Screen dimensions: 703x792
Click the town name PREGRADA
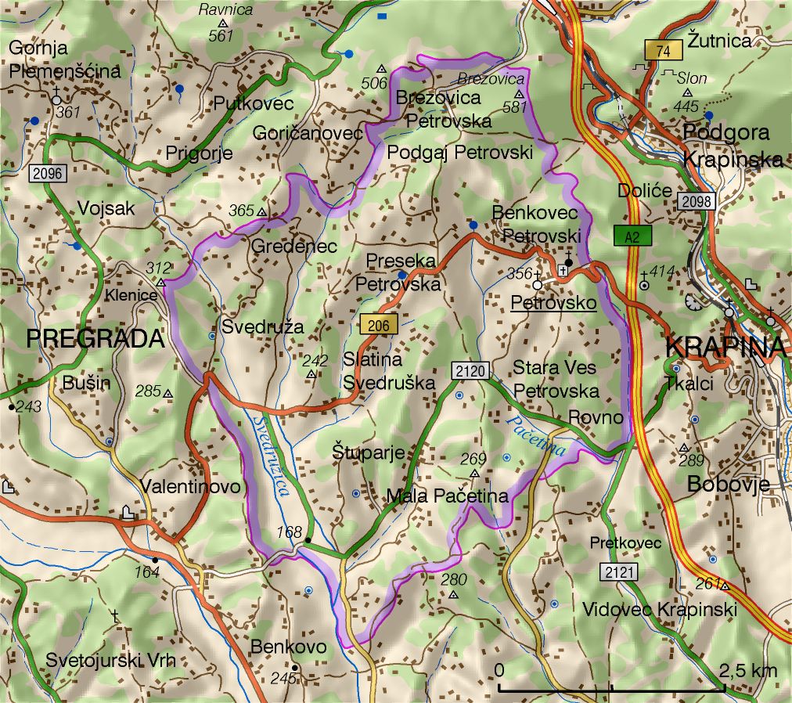pos(95,339)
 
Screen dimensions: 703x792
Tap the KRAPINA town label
pos(724,346)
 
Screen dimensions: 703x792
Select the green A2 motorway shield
pos(633,236)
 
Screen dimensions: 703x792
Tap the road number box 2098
pos(696,201)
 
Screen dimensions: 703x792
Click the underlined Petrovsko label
pos(553,303)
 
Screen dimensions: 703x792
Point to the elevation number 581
pos(515,107)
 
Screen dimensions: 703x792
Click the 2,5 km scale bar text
pos(747,670)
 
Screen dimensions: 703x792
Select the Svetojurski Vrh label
pos(110,660)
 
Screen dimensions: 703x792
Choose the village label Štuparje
pos(368,452)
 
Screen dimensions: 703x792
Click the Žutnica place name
pos(719,40)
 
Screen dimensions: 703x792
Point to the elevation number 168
pos(289,532)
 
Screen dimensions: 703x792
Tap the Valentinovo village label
pos(190,487)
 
